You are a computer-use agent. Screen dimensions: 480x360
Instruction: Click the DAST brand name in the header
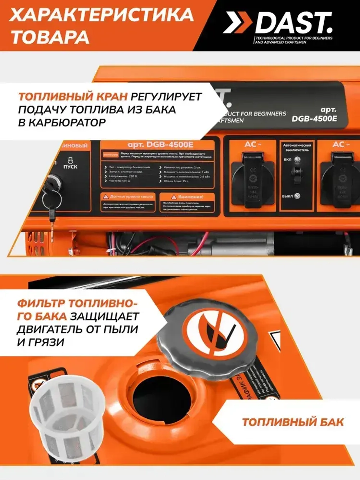point(293,23)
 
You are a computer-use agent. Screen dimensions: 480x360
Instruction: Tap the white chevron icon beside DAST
point(238,23)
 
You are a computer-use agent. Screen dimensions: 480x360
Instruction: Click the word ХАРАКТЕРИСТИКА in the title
point(101,15)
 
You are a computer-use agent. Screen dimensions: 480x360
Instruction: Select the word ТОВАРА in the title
point(50,37)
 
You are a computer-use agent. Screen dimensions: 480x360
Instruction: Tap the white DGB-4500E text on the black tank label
point(314,118)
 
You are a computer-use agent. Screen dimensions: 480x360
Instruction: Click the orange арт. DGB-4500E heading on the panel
point(160,145)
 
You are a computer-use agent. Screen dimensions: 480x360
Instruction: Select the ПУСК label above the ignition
point(70,167)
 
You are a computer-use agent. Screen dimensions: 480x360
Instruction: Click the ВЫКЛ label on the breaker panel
point(288,196)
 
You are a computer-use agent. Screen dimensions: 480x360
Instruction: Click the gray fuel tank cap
point(207,335)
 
